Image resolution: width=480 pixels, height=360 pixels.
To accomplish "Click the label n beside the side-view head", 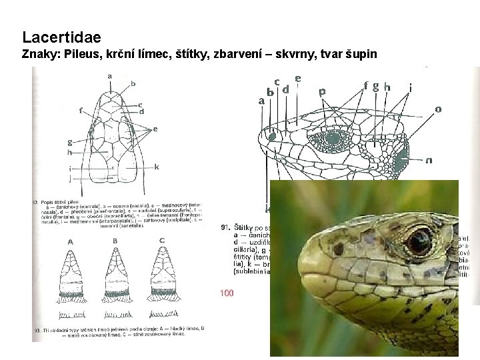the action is pyautogui.click(x=429, y=160).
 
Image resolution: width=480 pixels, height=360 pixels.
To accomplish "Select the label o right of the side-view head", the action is pyautogui.click(x=438, y=109).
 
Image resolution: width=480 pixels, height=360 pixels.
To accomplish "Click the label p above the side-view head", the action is pyautogui.click(x=323, y=92).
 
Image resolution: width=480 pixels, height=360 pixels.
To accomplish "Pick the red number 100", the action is pyautogui.click(x=227, y=293).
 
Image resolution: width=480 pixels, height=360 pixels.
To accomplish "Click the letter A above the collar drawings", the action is pyautogui.click(x=69, y=241).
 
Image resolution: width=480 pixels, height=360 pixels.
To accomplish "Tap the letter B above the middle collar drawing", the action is pyautogui.click(x=115, y=241).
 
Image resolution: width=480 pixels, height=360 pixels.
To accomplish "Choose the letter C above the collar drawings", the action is pyautogui.click(x=162, y=241).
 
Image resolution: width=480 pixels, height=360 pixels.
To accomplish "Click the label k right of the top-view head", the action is pyautogui.click(x=156, y=166).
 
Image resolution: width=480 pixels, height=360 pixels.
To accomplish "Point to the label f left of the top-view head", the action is pyautogui.click(x=80, y=111).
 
